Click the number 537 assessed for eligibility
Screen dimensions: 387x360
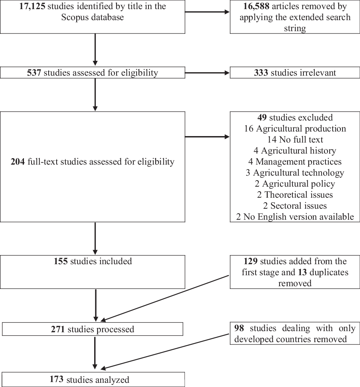tap(34, 73)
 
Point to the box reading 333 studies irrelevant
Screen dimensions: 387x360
tap(295, 73)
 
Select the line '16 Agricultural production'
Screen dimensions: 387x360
tap(295, 128)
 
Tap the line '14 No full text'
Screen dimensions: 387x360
tap(295, 140)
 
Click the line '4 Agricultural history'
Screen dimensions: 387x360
tap(295, 151)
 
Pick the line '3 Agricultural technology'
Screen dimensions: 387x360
tap(295, 173)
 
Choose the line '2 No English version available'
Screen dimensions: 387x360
tap(295, 217)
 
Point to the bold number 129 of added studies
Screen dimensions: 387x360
tap(251, 262)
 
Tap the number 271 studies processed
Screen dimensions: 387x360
tap(58, 329)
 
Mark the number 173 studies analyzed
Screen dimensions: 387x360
tap(57, 379)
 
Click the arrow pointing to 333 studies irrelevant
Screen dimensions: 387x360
tap(207, 73)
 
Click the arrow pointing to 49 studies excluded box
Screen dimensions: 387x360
tap(207, 136)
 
